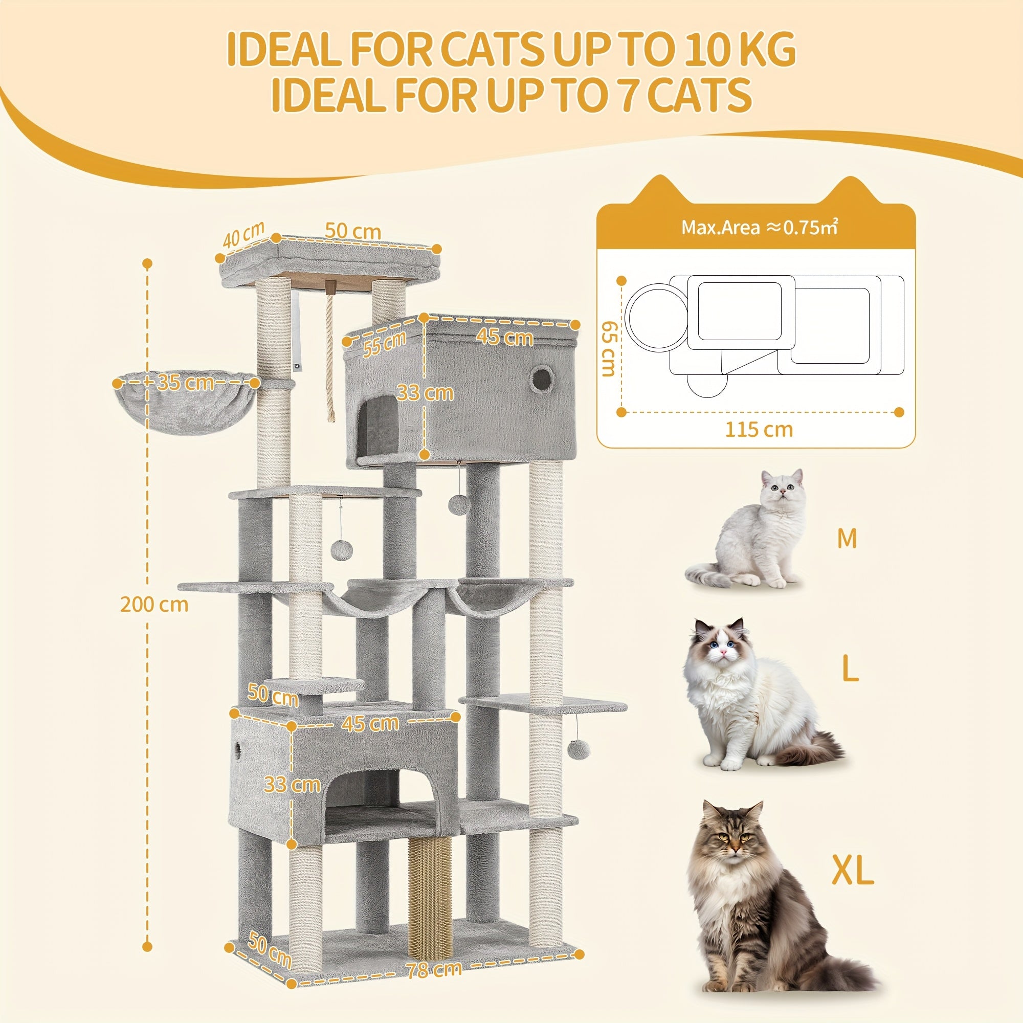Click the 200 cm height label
154,604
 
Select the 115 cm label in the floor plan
759,430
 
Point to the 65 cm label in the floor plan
609,348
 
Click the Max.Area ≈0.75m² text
759,227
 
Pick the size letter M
847,539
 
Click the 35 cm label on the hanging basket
185,382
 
